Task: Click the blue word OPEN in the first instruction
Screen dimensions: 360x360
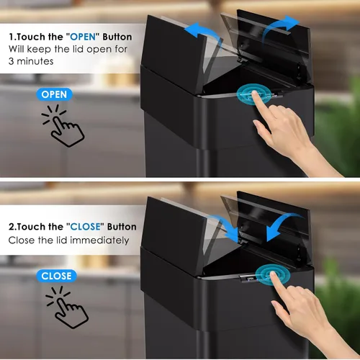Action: point(83,37)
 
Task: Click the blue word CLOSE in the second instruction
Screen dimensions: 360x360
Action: point(85,227)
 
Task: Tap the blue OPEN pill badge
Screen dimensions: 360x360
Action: point(54,94)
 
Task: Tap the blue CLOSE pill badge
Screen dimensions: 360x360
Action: point(56,276)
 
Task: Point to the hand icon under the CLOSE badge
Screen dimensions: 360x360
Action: point(68,307)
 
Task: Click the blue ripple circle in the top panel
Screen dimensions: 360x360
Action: point(253,94)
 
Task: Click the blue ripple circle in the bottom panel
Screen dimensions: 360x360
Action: point(273,275)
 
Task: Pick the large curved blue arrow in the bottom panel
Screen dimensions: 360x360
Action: point(282,223)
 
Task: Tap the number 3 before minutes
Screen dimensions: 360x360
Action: point(12,61)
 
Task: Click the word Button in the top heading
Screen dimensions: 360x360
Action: point(117,37)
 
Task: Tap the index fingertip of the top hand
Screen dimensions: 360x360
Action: point(254,93)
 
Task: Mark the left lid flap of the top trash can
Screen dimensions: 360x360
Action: point(175,53)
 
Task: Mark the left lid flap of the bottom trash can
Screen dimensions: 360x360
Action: point(175,234)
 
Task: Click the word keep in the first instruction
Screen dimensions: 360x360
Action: point(39,50)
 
